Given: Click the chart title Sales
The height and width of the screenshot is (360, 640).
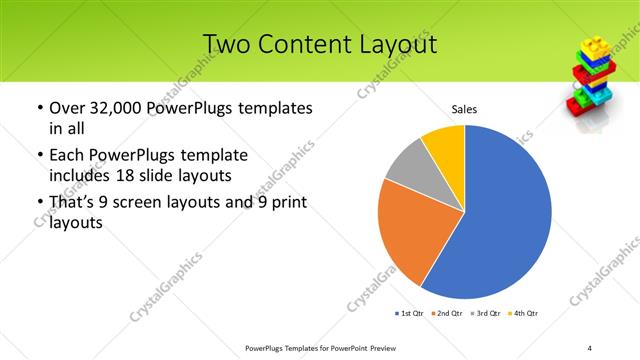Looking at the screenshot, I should (464, 108).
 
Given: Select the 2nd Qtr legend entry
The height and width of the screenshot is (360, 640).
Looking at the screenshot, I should (446, 314).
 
